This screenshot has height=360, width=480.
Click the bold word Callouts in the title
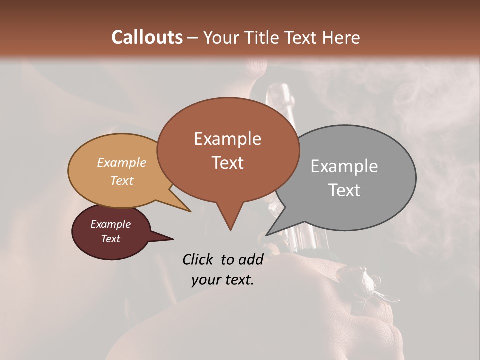147,37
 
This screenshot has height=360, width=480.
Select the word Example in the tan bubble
121,162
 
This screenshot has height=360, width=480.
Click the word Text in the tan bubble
121,180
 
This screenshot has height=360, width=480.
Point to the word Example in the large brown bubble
227,139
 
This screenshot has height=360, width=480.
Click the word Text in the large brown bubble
227,163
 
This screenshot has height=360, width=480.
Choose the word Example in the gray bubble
344,166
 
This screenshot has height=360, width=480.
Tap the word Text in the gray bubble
344,190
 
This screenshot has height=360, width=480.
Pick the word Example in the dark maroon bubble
110,224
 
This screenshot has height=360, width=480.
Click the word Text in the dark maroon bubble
110,239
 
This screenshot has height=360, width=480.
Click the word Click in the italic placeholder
198,259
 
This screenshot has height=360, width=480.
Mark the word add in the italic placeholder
251,259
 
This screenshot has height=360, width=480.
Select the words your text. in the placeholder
222,280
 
